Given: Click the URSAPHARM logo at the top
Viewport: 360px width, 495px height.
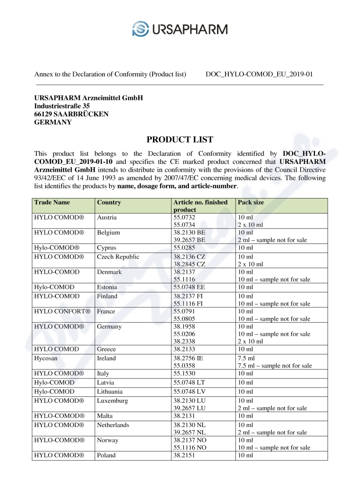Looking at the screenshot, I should [180, 29].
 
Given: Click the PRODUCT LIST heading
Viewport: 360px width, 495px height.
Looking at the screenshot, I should [180, 139].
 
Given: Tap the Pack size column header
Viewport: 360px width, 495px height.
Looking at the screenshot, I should [251, 202].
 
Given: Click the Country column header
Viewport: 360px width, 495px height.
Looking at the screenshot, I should [109, 202].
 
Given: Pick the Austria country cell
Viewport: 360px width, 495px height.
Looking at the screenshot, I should [107, 217].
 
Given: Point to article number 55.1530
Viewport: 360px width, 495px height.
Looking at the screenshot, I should [184, 373].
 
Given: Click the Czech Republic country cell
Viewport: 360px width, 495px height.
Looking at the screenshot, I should [118, 257].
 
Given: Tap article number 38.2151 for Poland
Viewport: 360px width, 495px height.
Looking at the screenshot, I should [184, 455].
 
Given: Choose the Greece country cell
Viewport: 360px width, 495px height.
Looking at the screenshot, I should [107, 349].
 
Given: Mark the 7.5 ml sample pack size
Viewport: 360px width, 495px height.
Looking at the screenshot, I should [274, 366].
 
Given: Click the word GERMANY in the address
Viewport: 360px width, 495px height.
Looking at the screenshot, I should [53, 122].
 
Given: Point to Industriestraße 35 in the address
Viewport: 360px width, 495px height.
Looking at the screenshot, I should [62, 106].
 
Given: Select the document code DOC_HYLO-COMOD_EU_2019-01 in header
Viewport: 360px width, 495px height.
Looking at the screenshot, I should [259, 74].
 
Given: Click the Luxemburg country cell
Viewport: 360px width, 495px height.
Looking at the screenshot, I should [112, 400].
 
